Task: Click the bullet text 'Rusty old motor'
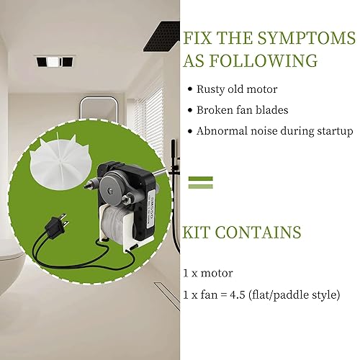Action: [238, 89]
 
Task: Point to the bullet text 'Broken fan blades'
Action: [243, 110]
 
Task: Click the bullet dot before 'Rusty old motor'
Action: [190, 90]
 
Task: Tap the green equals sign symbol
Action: [201, 181]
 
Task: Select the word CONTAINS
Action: [263, 233]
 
